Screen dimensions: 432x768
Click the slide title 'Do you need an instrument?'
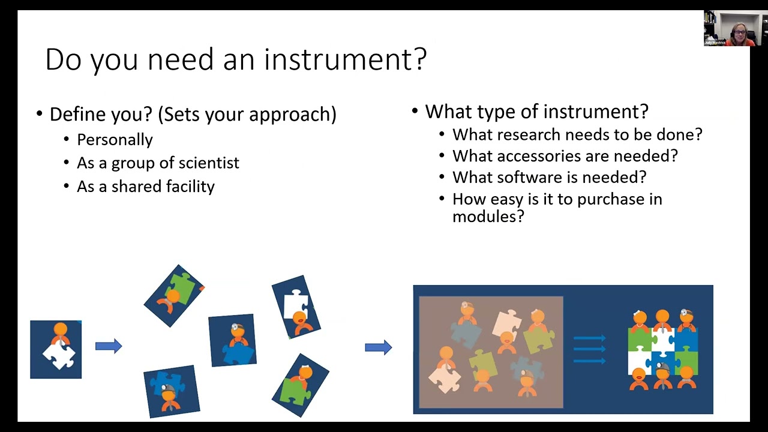236,59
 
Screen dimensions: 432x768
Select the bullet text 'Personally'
115,140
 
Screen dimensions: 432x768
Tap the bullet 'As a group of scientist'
158,163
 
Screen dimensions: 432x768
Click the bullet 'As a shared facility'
145,187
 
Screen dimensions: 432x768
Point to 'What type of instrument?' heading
536,112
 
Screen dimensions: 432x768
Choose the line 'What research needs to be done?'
577,134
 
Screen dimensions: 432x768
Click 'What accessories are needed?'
565,156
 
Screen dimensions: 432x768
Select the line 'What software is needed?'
549,178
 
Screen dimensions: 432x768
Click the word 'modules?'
488,217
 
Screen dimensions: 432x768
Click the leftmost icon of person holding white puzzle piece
56,349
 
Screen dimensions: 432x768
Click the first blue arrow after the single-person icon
109,346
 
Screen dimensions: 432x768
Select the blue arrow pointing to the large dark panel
378,347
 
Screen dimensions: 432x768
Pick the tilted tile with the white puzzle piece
296,307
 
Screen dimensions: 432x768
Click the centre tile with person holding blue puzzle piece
232,340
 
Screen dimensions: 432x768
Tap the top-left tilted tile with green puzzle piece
174,295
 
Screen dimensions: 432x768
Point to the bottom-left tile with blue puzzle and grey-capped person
171,391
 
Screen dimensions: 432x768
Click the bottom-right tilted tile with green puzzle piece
301,385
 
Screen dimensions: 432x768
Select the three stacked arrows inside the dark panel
589,349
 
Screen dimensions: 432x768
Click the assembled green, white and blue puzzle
662,350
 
